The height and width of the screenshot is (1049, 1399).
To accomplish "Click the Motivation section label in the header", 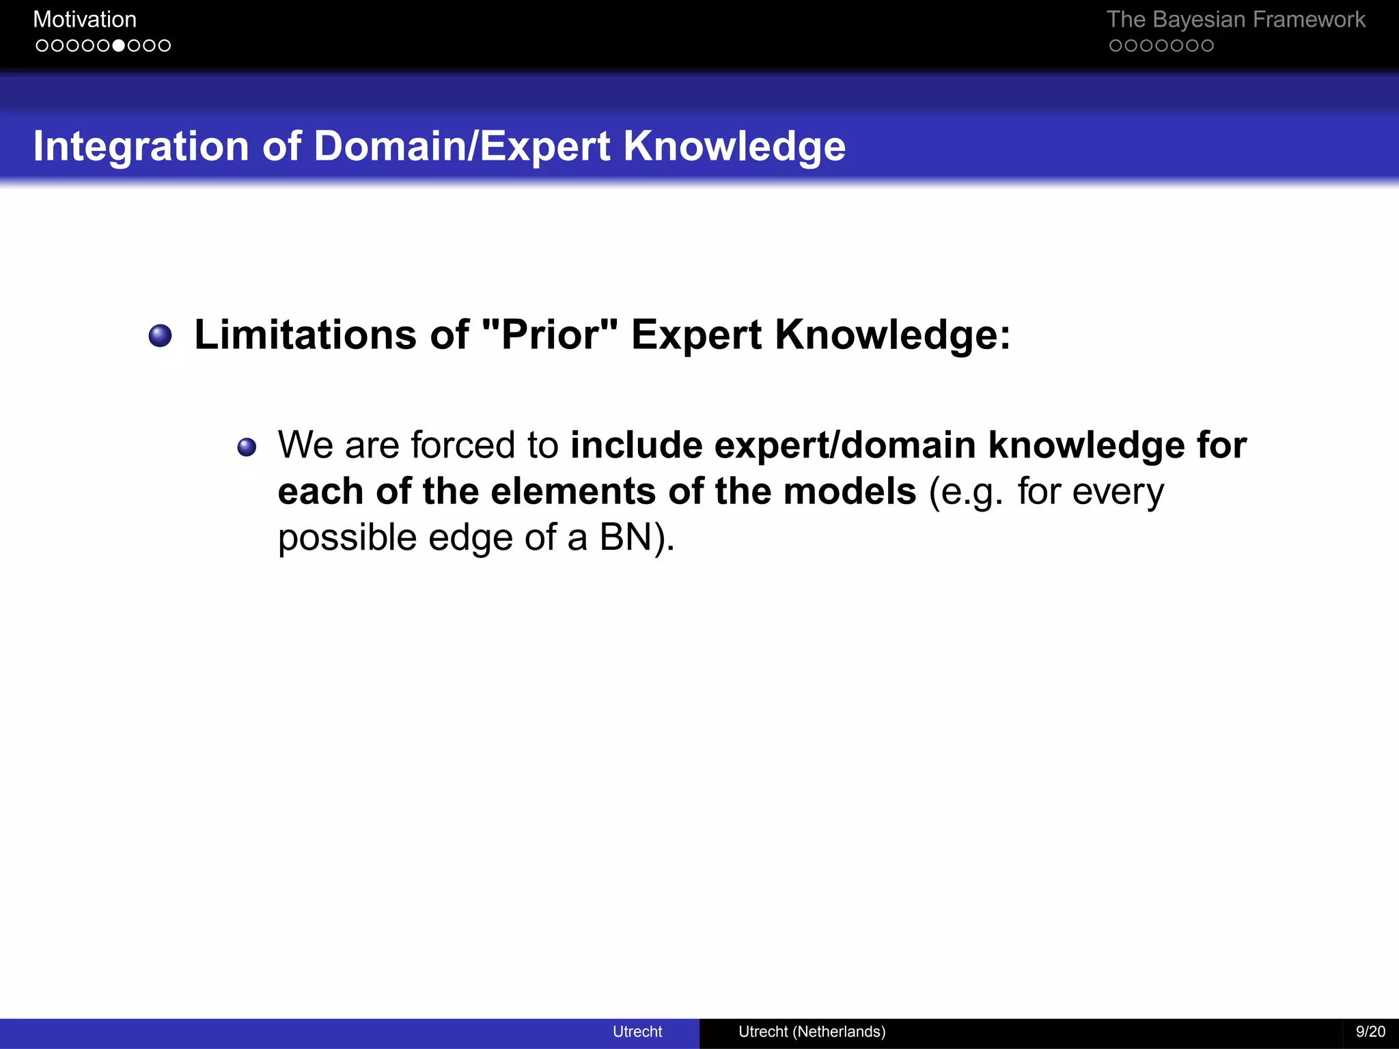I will point(85,20).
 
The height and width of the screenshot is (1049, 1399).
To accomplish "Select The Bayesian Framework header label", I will point(1235,20).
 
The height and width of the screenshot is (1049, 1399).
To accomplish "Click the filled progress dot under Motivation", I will point(118,46).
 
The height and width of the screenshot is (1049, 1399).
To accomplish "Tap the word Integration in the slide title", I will point(141,147).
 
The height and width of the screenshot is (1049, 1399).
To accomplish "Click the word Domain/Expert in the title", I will point(462,147).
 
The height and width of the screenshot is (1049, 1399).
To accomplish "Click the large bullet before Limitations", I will point(161,335).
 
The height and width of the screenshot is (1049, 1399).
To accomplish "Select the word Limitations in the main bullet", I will point(305,335).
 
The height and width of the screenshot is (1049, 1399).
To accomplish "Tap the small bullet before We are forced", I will point(247,447).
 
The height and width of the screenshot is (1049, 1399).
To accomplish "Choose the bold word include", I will point(636,445).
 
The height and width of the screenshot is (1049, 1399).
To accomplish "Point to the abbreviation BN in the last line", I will point(626,537).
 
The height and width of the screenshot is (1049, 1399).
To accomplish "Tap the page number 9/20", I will point(1370,1032).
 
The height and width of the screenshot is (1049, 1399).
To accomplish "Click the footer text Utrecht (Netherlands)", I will point(812,1032).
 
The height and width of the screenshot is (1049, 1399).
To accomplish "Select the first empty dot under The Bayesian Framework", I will point(1116,46).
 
